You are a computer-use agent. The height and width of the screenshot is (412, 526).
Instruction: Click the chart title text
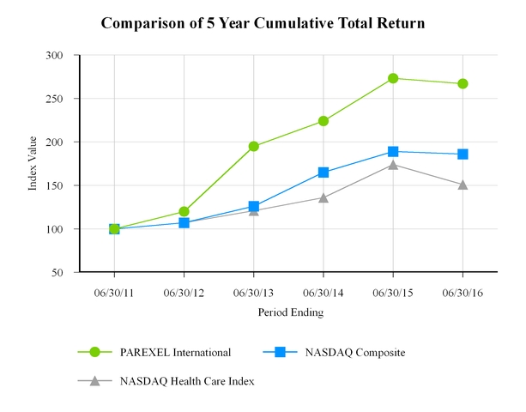point(263,22)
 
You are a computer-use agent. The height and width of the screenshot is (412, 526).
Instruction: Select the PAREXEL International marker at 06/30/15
point(393,78)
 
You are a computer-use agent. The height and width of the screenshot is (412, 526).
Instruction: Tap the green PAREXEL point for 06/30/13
point(254,146)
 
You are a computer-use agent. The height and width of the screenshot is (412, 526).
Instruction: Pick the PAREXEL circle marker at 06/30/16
point(463,83)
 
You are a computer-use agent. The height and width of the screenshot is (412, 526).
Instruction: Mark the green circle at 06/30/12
point(184,211)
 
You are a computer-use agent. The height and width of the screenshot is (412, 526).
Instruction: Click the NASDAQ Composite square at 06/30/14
point(323,173)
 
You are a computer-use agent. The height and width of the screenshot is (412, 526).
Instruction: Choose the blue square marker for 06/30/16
point(463,154)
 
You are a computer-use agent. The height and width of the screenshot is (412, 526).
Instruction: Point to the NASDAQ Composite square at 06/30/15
point(393,152)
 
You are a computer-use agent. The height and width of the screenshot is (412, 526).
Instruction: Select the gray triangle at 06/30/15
point(393,164)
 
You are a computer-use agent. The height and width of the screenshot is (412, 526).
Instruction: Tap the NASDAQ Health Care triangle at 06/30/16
point(463,184)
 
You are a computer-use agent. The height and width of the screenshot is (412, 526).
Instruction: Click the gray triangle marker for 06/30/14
point(323,197)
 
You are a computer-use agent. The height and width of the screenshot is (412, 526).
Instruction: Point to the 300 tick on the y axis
point(62,55)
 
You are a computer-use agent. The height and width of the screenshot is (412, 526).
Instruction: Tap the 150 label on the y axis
point(62,185)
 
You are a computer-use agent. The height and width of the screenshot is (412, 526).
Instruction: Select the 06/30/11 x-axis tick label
point(114,293)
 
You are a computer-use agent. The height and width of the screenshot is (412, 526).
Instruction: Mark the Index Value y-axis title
point(33,163)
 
